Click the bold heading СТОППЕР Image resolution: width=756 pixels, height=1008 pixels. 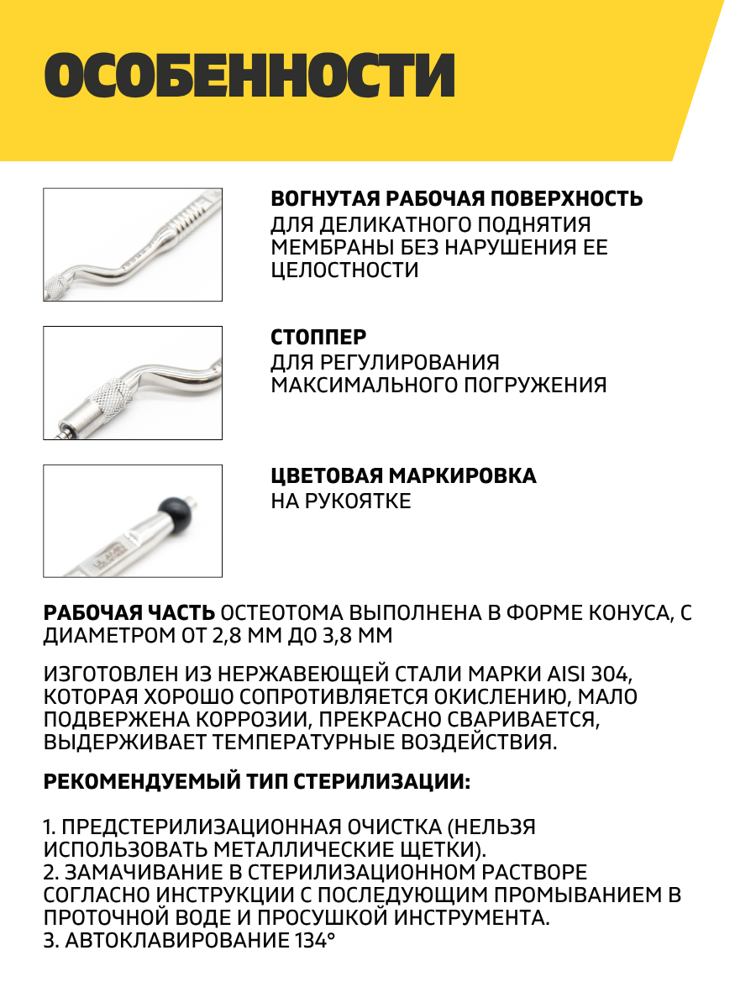click(318, 338)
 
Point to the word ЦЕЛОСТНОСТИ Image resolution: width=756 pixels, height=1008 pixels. click(344, 270)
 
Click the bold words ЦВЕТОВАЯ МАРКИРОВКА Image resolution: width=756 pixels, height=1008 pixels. click(403, 476)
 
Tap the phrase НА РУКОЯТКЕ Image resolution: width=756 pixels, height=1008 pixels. click(341, 501)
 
